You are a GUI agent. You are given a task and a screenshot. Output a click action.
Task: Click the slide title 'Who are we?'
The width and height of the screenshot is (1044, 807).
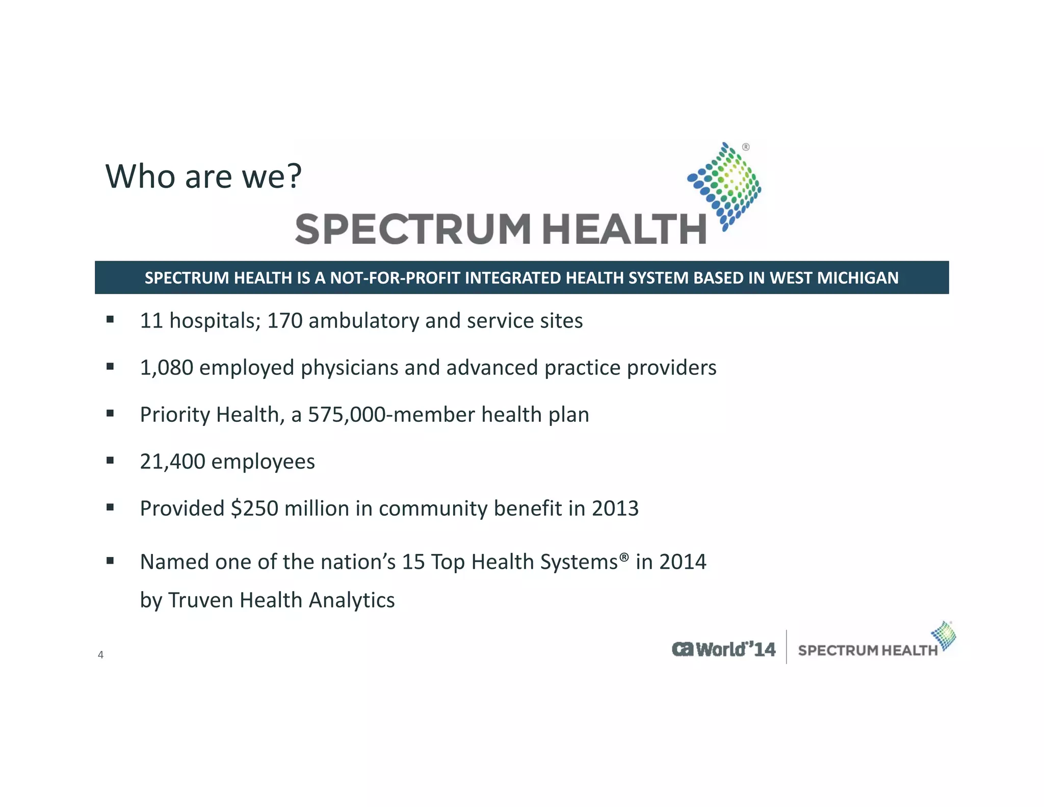click(x=203, y=176)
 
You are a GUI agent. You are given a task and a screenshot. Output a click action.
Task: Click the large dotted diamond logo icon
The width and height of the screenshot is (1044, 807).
click(x=724, y=186)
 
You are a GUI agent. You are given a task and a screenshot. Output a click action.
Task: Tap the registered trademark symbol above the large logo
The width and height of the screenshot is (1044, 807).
click(x=746, y=147)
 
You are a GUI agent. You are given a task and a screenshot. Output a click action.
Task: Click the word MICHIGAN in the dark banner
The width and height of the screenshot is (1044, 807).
click(x=858, y=278)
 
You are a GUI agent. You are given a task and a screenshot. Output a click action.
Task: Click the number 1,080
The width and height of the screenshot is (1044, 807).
click(x=166, y=368)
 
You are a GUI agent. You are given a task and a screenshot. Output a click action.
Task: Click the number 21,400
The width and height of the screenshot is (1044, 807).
click(x=172, y=462)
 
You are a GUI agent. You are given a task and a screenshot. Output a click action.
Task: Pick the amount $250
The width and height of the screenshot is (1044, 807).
click(x=254, y=509)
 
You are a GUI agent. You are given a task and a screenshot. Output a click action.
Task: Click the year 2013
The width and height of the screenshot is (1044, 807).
click(x=615, y=509)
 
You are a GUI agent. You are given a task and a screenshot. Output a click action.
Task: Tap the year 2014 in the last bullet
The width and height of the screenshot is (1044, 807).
click(x=683, y=562)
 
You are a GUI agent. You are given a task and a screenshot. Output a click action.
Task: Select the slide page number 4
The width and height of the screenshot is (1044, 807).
click(x=100, y=655)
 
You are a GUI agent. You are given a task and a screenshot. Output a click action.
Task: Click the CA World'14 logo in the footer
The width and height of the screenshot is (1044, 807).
click(x=723, y=649)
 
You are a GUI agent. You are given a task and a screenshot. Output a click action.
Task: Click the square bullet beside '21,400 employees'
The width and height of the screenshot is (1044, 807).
click(x=110, y=461)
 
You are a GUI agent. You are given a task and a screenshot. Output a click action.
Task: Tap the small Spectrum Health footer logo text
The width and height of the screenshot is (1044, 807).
click(x=867, y=650)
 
